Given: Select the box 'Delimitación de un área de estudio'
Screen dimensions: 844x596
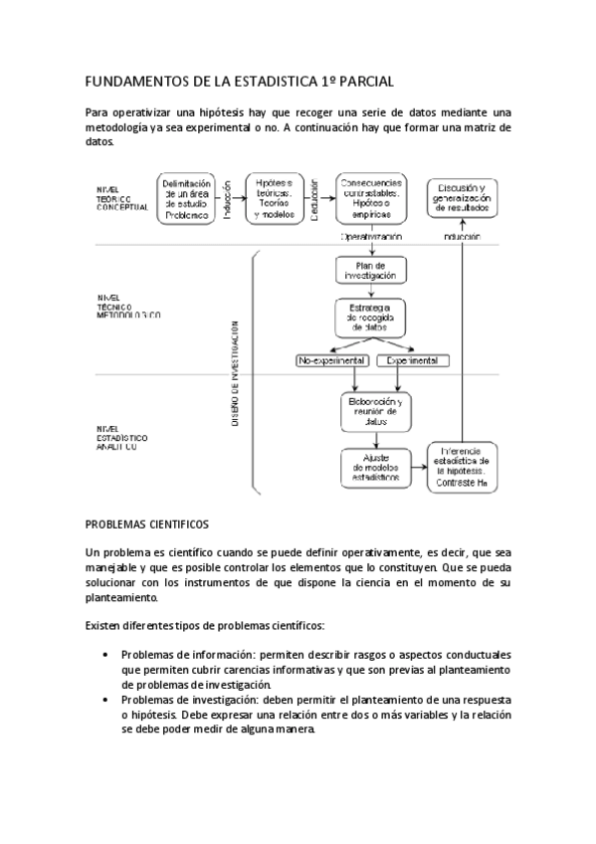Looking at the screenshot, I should [185, 199].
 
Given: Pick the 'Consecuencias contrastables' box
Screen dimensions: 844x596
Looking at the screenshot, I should [371, 199].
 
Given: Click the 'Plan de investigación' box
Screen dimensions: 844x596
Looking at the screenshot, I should [371, 270].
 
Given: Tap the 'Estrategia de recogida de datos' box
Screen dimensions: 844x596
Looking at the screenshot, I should [371, 316].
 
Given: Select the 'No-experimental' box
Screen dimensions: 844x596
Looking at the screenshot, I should [331, 360].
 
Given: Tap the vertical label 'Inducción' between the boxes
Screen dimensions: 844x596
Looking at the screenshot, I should [227, 199].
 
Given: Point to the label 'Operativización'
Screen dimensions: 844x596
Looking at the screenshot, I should [371, 238].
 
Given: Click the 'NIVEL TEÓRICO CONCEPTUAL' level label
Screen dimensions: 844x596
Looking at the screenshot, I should [121, 198].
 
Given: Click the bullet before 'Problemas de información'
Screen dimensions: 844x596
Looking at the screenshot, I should [105, 654].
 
